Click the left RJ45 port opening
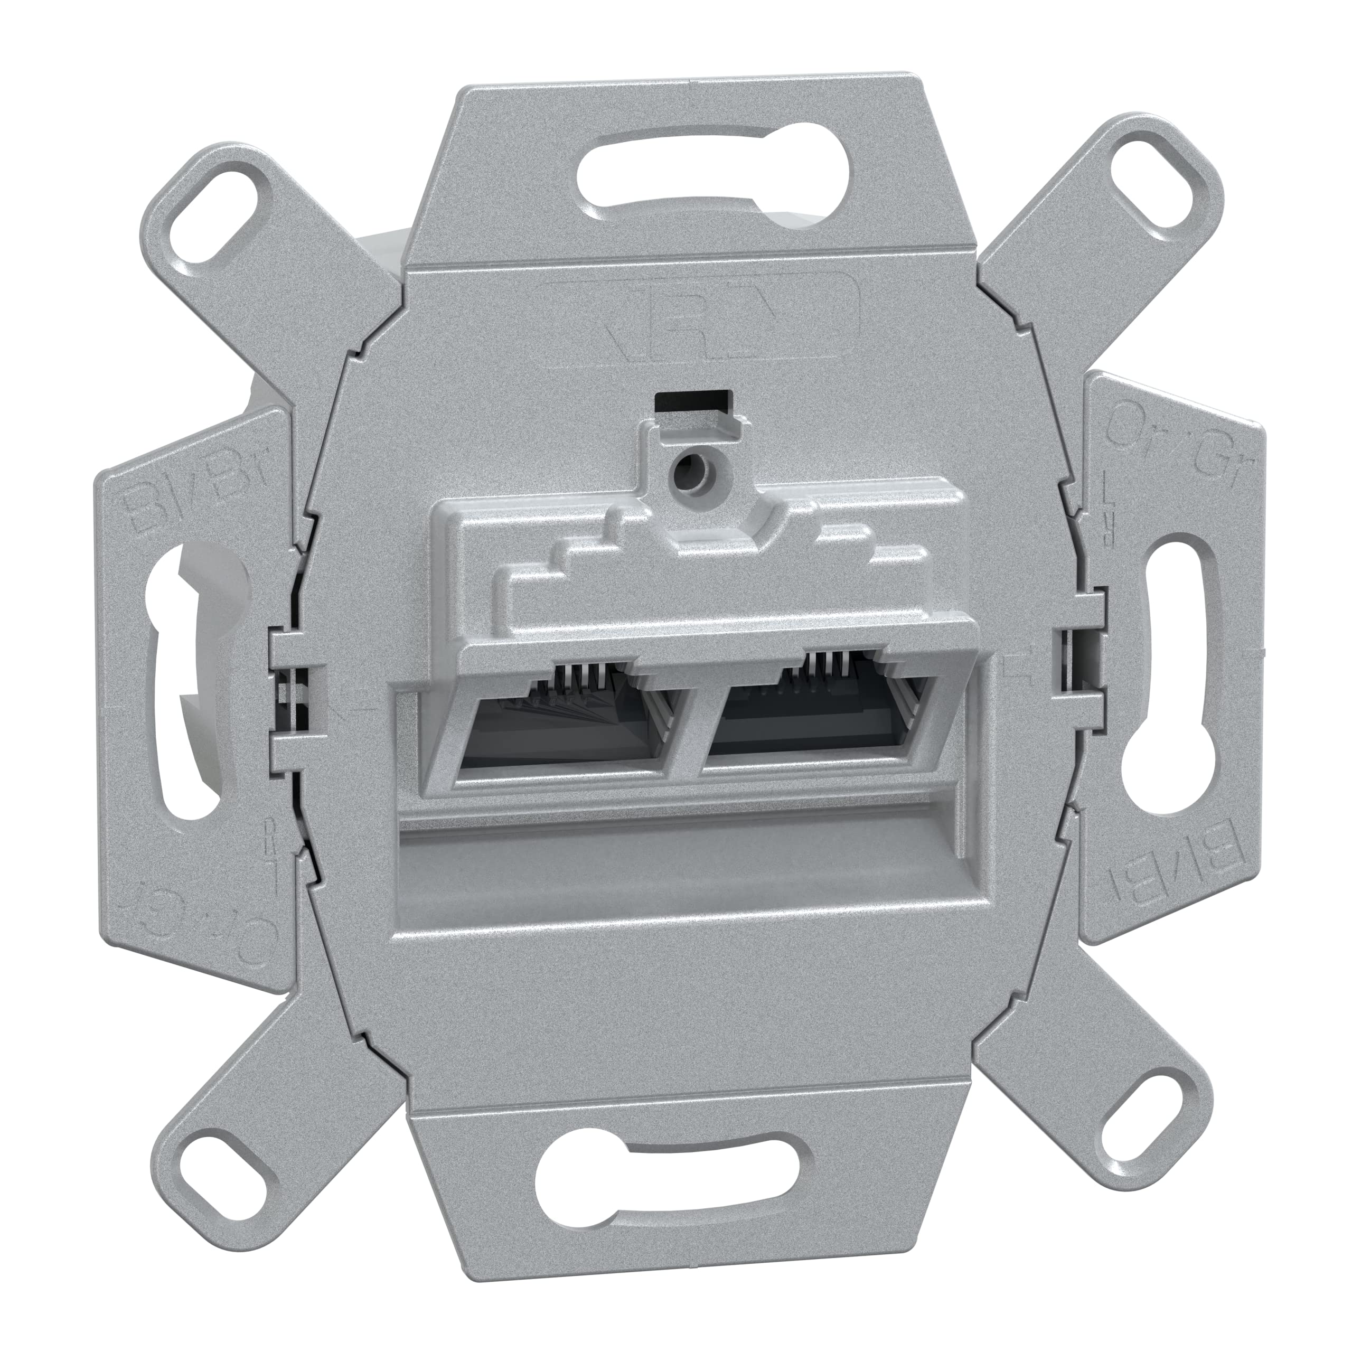tap(553, 728)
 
